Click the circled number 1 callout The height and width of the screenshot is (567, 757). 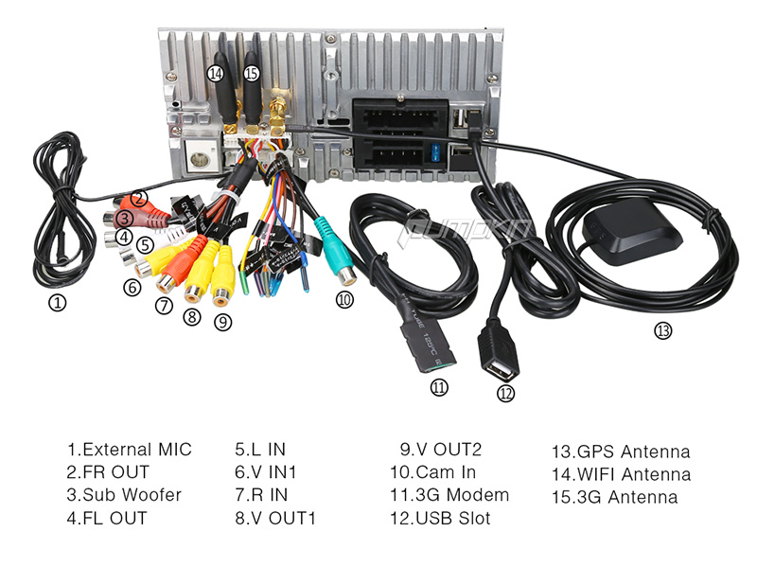coord(58,304)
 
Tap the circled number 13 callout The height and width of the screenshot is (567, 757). coord(662,330)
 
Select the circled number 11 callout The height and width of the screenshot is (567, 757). coord(437,386)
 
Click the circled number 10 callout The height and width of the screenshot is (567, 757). coord(343,300)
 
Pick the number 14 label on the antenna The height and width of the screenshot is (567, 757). coord(217,73)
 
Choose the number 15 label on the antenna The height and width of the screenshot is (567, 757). coord(251,73)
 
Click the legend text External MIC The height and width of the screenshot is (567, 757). coord(129,450)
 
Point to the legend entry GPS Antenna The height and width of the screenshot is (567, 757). coord(620,452)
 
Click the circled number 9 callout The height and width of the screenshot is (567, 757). coord(222,322)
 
